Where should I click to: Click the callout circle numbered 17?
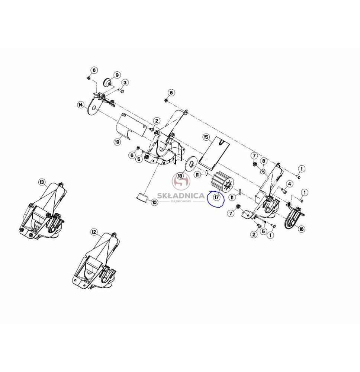point(216,197)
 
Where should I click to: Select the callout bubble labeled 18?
point(180,176)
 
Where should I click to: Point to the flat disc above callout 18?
point(191,163)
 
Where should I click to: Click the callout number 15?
point(206,137)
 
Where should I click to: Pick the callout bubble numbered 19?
point(117,142)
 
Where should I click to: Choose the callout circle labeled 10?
point(154,202)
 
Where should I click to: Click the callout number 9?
point(117,75)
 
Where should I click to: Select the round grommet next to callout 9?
point(107,83)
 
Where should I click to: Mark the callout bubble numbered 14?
point(81,105)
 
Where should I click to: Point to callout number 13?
point(42,182)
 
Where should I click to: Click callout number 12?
point(94,232)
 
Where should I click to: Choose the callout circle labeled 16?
point(301,229)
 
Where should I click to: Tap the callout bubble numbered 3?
point(125,83)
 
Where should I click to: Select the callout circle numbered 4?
point(289,184)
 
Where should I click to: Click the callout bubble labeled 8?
point(263,161)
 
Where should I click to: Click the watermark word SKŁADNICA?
point(180,196)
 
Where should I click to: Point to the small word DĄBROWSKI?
point(180,201)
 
